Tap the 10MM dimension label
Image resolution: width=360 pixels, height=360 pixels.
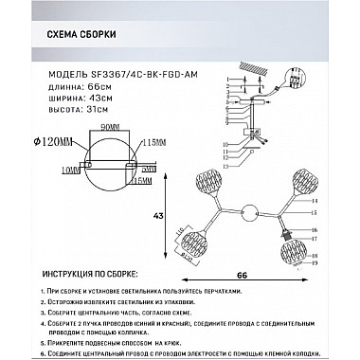(44, 169)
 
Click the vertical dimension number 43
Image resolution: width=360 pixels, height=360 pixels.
(172, 216)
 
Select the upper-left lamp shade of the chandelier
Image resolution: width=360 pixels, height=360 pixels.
(210, 182)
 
